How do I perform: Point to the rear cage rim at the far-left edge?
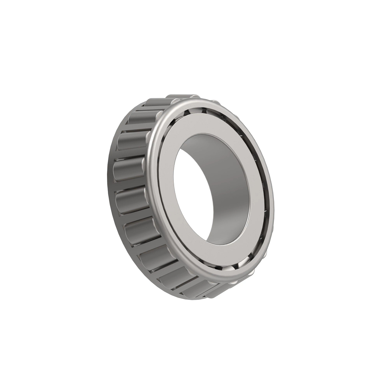click(110, 182)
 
